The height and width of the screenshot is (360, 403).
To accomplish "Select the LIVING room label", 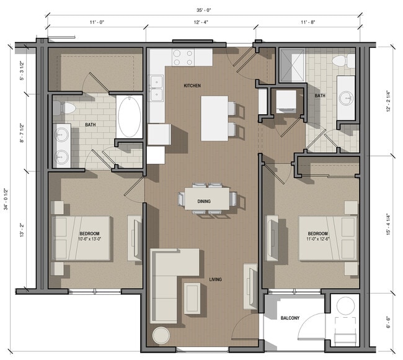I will coord(215,280).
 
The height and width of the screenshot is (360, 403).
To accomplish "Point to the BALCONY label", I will coord(290,318).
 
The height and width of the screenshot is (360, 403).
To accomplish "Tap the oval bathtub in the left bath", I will coord(130,116).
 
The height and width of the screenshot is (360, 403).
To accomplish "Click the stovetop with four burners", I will coord(183,58).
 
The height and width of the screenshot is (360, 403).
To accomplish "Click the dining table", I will coord(207,199).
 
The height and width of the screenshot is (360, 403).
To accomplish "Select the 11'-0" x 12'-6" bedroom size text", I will coord(321,239).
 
